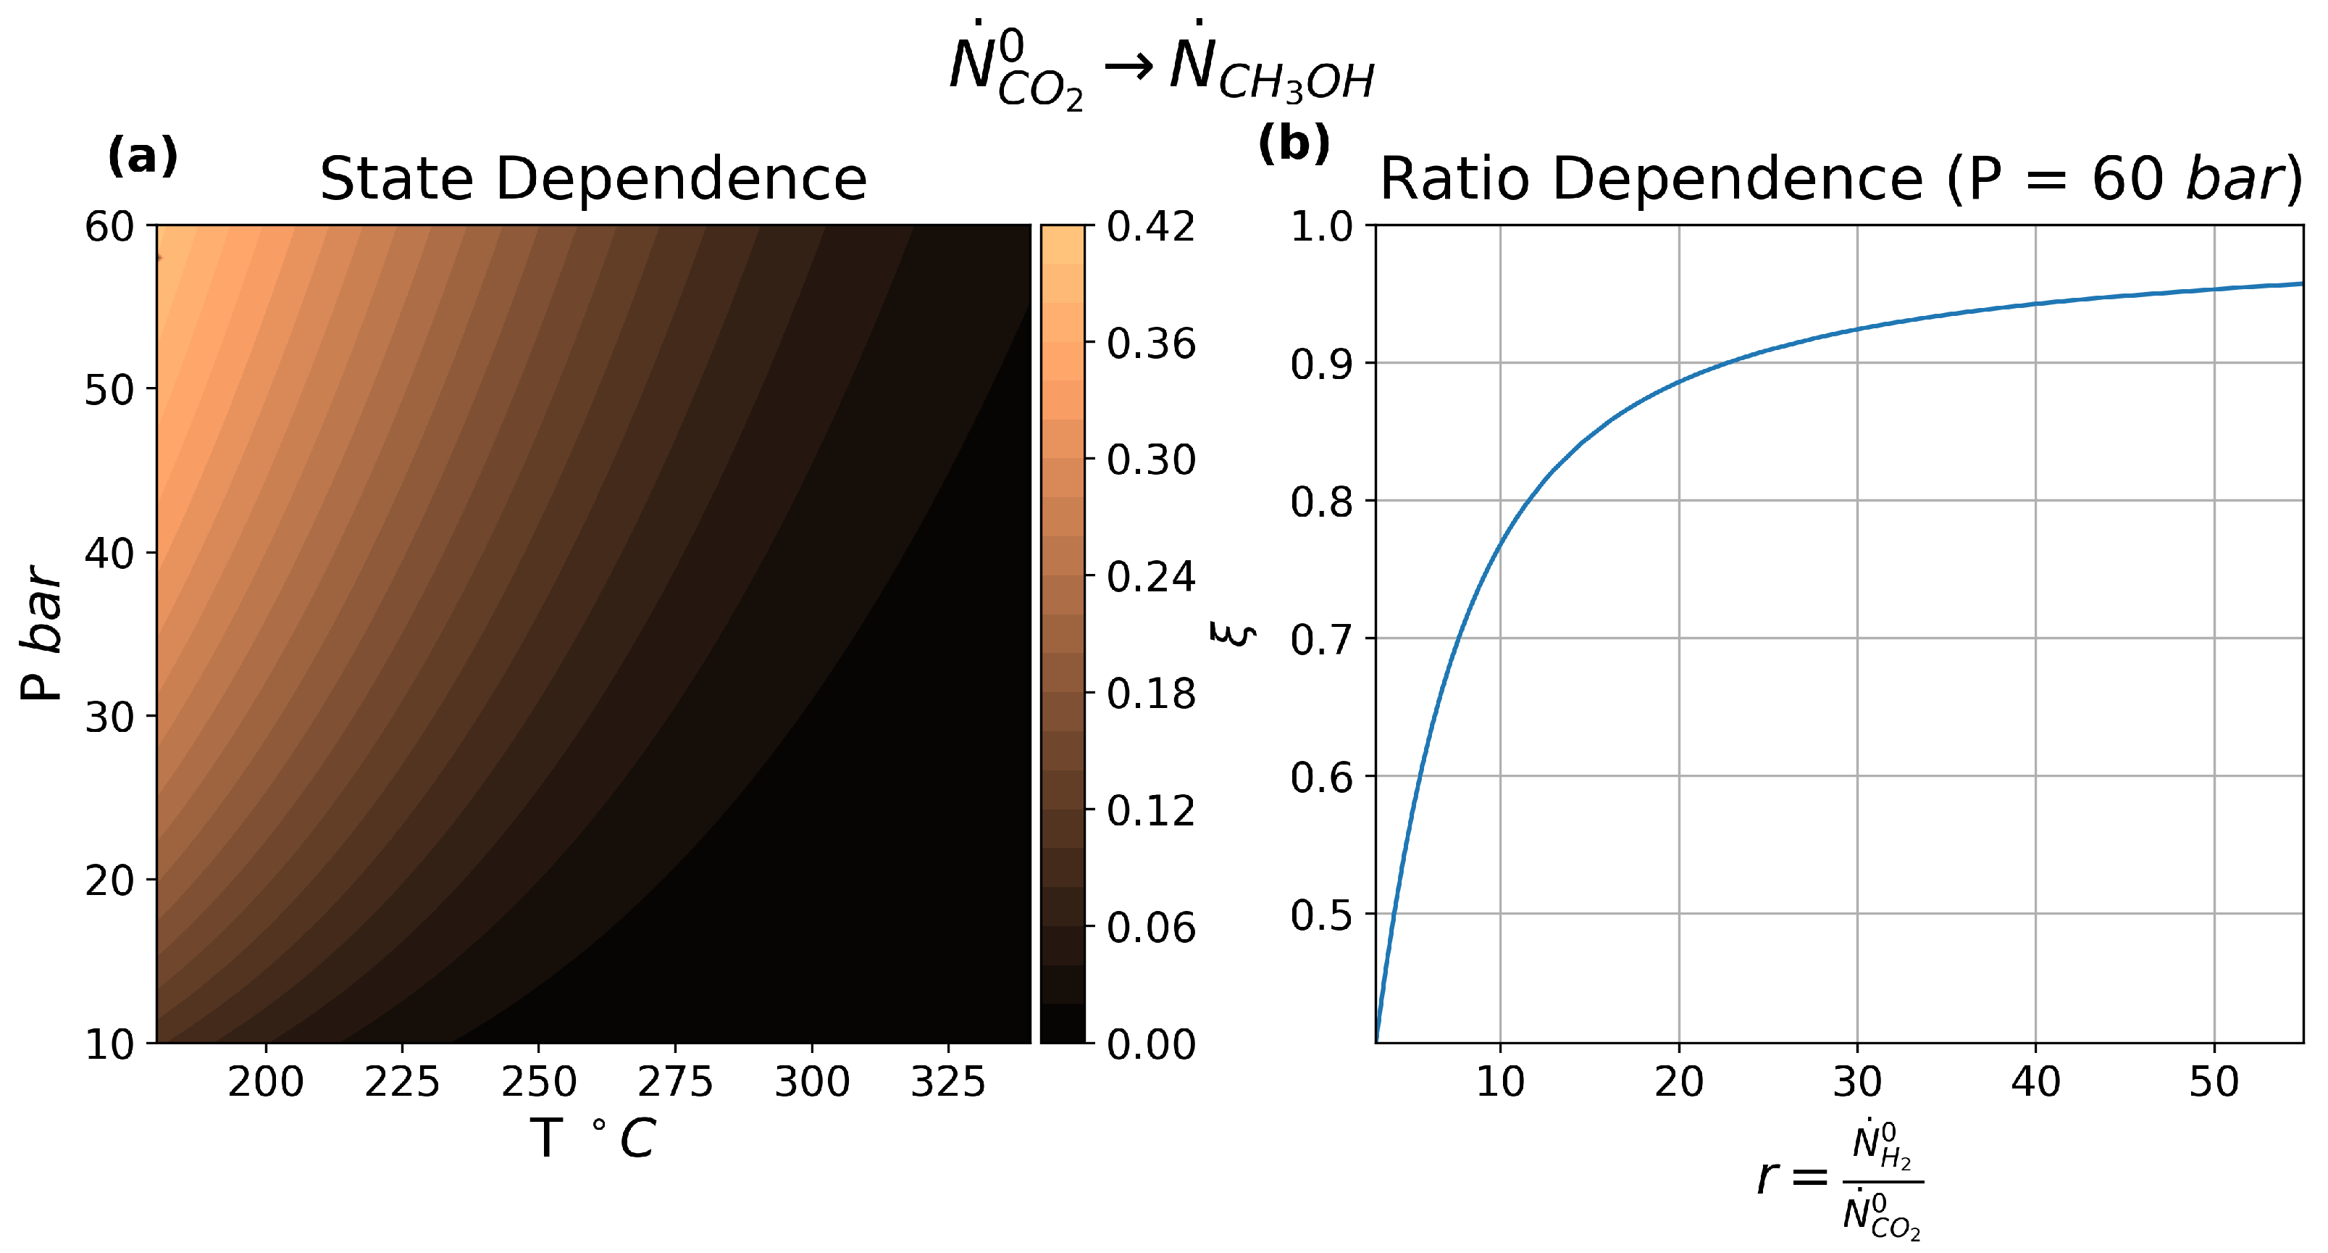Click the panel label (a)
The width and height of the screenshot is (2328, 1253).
coord(143,157)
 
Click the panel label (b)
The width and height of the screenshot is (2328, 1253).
coord(1294,143)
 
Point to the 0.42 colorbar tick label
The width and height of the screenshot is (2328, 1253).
coord(1150,226)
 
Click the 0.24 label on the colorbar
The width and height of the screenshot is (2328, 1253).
coord(1150,577)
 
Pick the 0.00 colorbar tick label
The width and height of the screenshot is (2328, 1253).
coord(1150,1044)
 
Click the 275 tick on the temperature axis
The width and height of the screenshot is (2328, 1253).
coord(675,1081)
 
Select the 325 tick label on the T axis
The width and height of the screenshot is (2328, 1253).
coord(948,1081)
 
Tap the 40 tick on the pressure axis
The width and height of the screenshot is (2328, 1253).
coord(109,552)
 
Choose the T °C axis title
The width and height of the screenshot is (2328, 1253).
coord(593,1138)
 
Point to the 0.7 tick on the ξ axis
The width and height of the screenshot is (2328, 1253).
coord(1320,639)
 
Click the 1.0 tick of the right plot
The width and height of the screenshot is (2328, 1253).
coord(1320,226)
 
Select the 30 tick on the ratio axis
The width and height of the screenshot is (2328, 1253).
coord(1857,1081)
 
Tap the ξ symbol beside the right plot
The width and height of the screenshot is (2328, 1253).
coord(1234,633)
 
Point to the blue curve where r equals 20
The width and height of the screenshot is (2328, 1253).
coord(1679,380)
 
